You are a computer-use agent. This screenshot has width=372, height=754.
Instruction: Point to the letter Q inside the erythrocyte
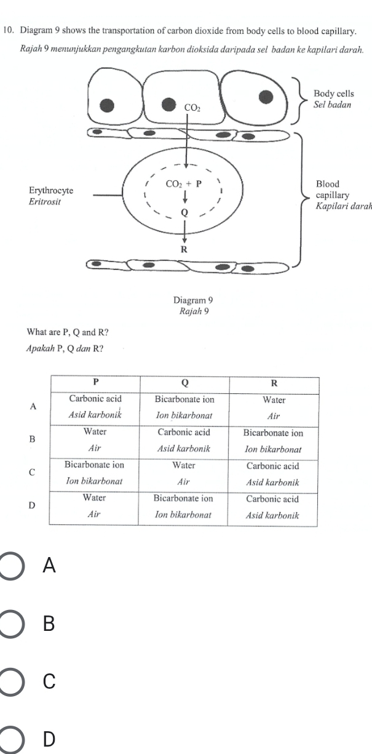pyautogui.click(x=183, y=212)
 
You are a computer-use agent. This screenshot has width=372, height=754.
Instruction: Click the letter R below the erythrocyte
pyautogui.click(x=183, y=249)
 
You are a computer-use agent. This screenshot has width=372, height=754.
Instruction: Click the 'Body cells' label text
pyautogui.click(x=333, y=94)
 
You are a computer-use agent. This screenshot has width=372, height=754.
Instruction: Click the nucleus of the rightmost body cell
pyautogui.click(x=266, y=96)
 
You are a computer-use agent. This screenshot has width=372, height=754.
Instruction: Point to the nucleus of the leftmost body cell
pyautogui.click(x=107, y=105)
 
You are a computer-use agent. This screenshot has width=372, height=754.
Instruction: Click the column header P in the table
pyautogui.click(x=96, y=383)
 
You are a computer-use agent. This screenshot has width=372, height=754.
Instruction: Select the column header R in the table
pyautogui.click(x=274, y=383)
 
